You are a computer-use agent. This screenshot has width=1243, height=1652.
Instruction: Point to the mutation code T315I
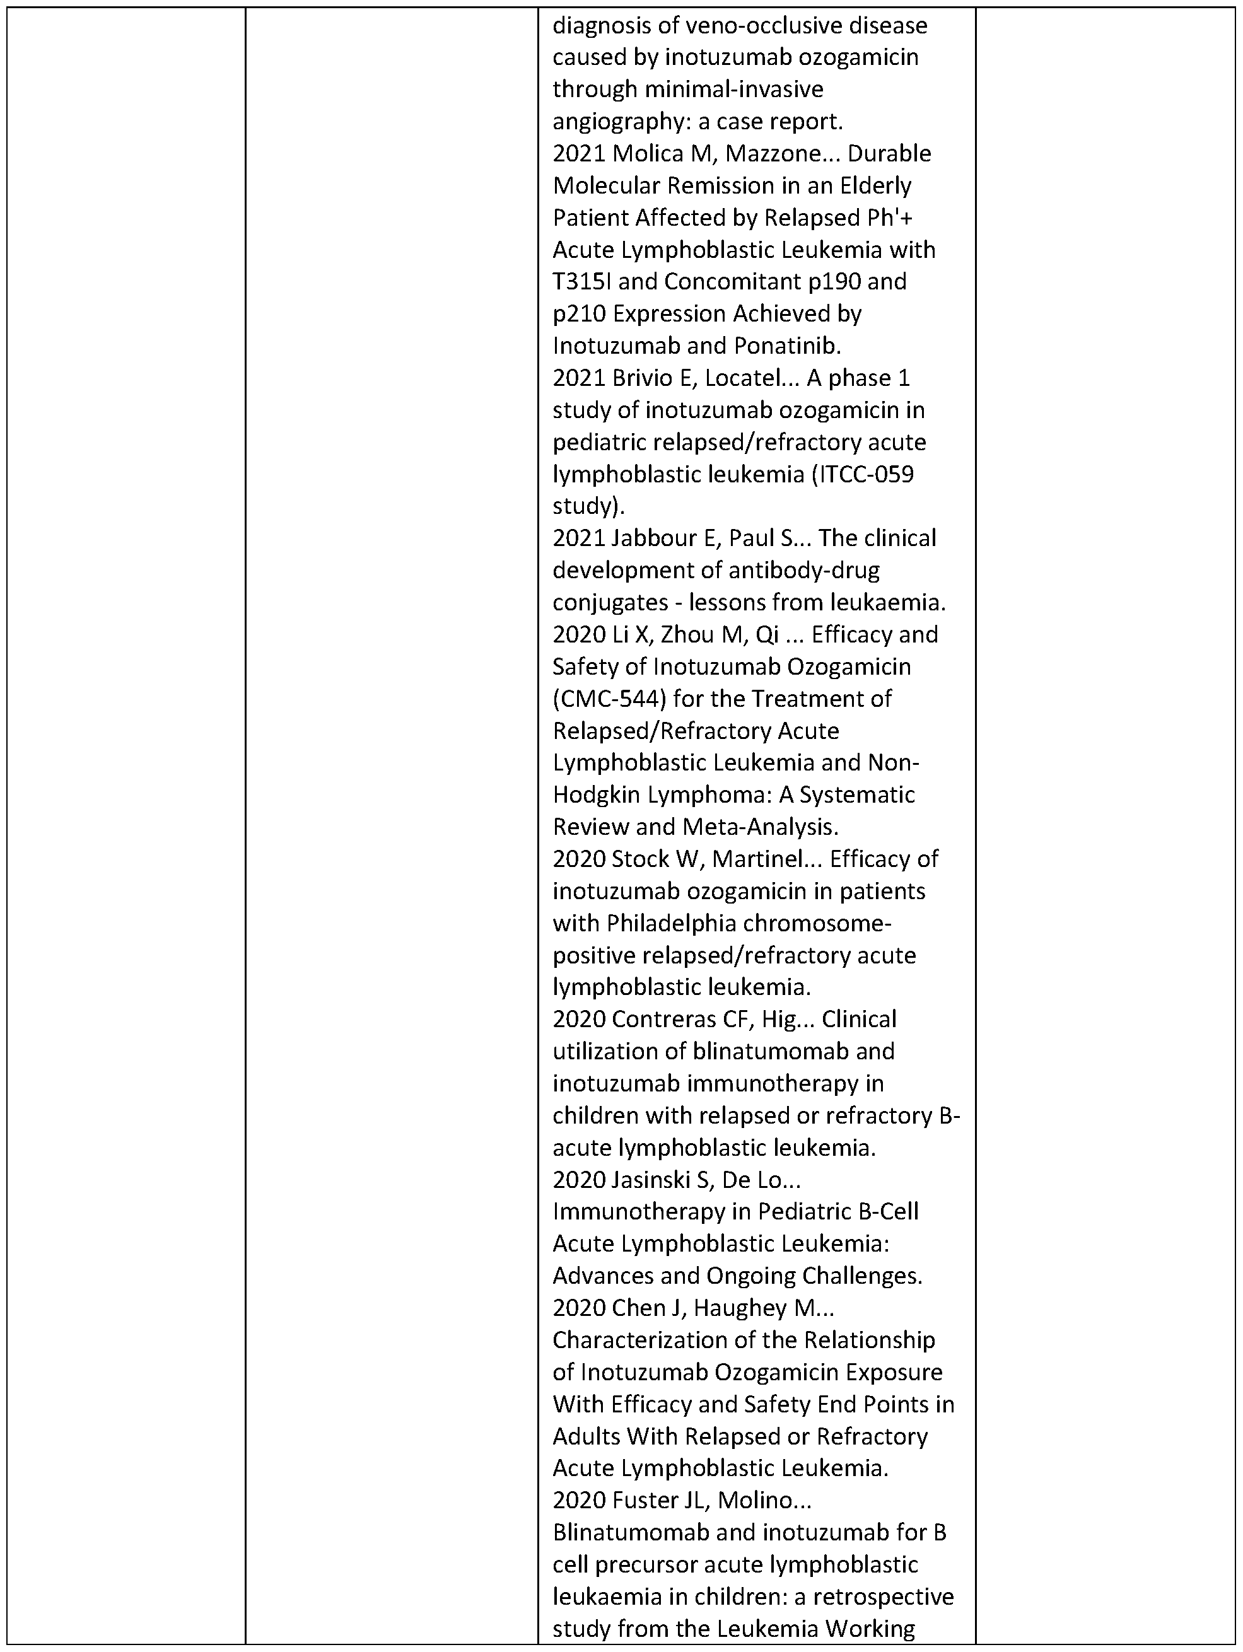coord(580,282)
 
